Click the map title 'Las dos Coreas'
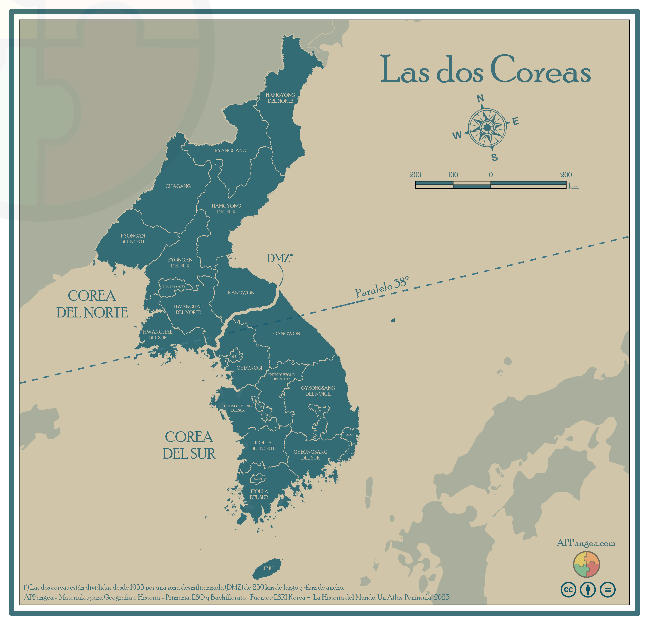(485, 70)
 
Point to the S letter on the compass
(494, 157)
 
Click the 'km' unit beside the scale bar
(573, 186)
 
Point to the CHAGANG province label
(178, 186)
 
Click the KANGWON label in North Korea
(241, 293)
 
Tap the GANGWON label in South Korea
(286, 333)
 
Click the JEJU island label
(268, 568)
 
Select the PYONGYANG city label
(174, 286)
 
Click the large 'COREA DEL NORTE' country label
(92, 304)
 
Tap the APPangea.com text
(586, 543)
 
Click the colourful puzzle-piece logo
(586, 564)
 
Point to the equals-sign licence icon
(608, 590)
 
